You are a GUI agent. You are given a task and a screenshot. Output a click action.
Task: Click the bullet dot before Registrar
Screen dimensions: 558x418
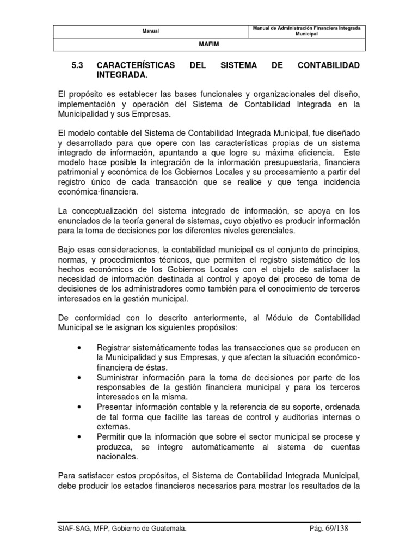80,348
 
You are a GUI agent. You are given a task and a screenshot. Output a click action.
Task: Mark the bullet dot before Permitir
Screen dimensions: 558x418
80,437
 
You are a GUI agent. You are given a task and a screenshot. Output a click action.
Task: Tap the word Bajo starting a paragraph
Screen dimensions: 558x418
66,250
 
